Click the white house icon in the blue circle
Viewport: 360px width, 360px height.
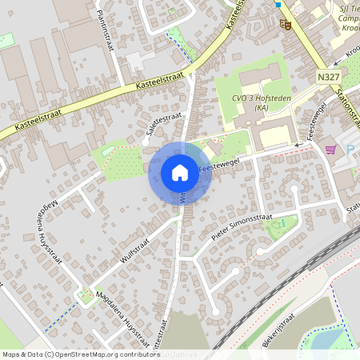coord(180,172)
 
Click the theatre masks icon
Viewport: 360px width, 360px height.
coord(284,24)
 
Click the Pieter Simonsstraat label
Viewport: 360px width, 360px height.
coord(243,223)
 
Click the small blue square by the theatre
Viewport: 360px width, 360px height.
coord(278,5)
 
